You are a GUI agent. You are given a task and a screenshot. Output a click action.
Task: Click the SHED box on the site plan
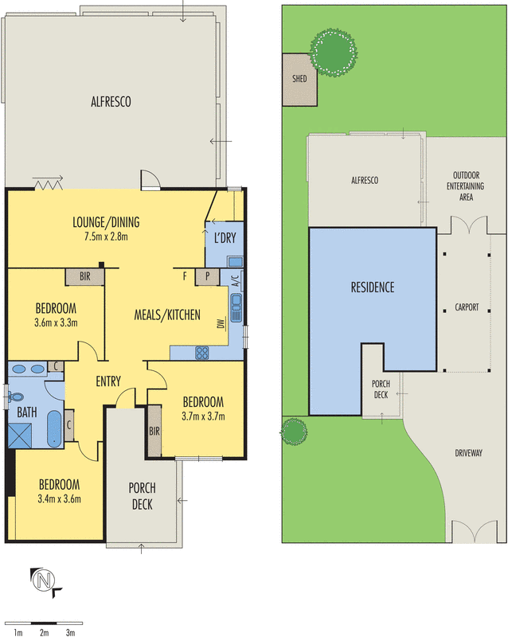click(x=299, y=80)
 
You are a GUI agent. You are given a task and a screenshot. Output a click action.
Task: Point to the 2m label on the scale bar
click(x=45, y=631)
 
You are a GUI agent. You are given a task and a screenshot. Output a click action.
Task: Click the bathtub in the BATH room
click(x=53, y=429)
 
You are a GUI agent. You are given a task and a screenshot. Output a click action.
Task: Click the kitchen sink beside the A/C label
click(x=236, y=303)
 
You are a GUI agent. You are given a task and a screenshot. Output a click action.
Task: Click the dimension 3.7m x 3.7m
click(x=202, y=416)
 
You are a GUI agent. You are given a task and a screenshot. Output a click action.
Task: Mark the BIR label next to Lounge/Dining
click(x=85, y=277)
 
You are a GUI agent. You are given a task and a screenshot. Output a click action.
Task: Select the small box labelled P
click(x=207, y=276)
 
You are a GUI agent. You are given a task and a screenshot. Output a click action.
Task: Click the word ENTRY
click(x=108, y=381)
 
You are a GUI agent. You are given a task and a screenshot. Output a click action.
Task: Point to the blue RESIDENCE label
click(x=373, y=287)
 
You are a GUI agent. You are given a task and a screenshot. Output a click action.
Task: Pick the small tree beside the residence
click(x=294, y=432)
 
